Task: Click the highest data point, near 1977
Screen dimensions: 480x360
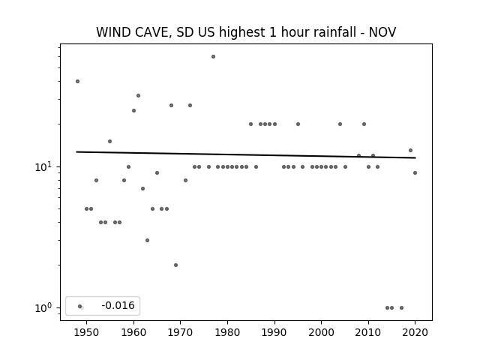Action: pyautogui.click(x=213, y=57)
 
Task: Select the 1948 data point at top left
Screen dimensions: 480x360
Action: pyautogui.click(x=78, y=82)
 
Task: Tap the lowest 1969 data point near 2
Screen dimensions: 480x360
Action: pyautogui.click(x=175, y=265)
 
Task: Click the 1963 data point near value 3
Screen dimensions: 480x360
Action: pyautogui.click(x=147, y=240)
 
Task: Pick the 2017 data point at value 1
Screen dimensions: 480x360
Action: pyautogui.click(x=402, y=308)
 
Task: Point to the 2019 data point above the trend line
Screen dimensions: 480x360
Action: pyautogui.click(x=411, y=150)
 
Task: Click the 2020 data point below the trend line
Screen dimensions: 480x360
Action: pyautogui.click(x=415, y=173)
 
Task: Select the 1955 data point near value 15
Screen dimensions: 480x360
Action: pyautogui.click(x=110, y=142)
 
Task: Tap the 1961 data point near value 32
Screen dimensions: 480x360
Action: pyautogui.click(x=138, y=96)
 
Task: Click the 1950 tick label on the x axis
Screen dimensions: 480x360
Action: pyautogui.click(x=87, y=332)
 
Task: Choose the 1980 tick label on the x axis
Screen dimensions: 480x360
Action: pyautogui.click(x=227, y=332)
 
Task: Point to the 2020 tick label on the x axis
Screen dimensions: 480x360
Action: pyautogui.click(x=415, y=332)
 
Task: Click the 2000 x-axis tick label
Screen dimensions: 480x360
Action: pyautogui.click(x=322, y=332)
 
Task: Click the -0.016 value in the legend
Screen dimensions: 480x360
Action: pyautogui.click(x=118, y=305)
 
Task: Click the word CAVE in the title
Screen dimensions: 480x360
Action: pyautogui.click(x=151, y=32)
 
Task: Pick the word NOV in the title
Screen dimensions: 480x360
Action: pyautogui.click(x=382, y=32)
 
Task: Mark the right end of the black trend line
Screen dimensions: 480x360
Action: pyautogui.click(x=415, y=157)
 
